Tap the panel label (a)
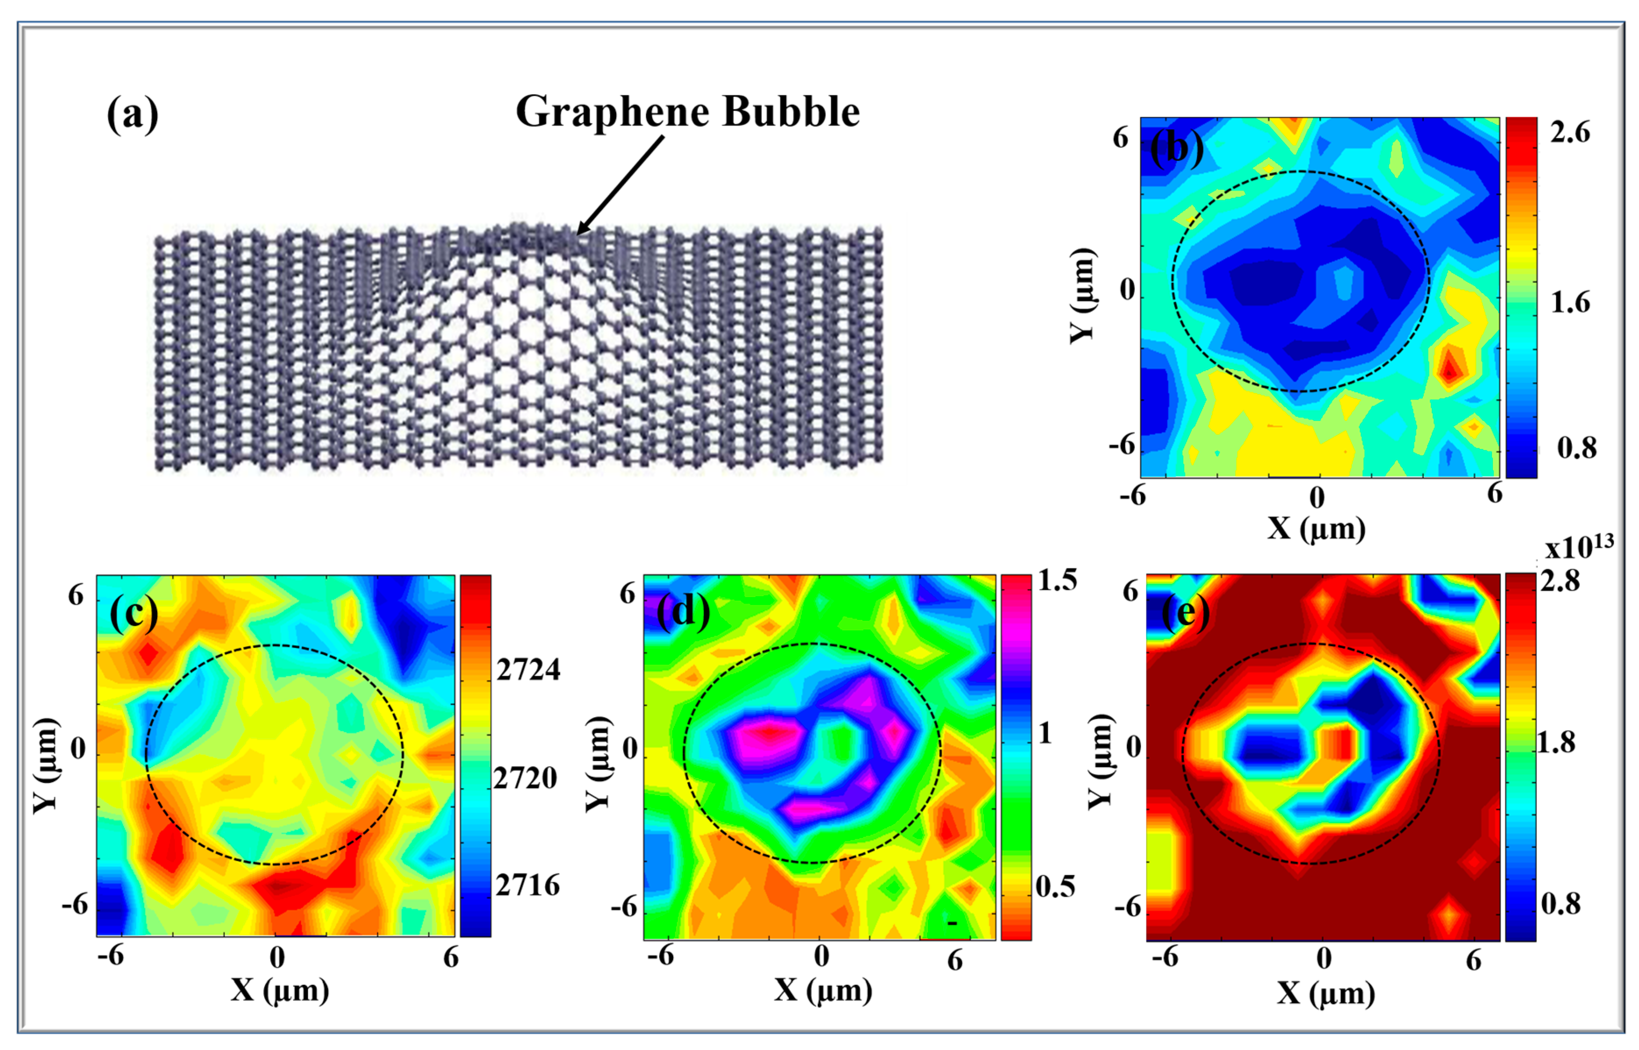point(132,114)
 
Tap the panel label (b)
point(1176,147)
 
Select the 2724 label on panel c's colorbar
point(528,670)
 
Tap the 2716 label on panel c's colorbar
point(527,885)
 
